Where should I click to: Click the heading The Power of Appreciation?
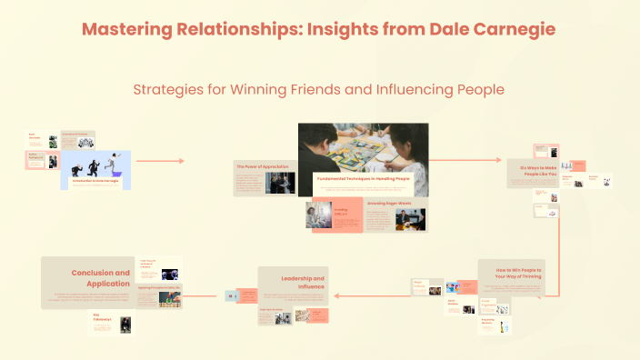(255, 166)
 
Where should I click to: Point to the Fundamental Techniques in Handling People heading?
(363, 178)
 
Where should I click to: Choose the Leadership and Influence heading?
(303, 281)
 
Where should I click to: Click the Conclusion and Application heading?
(102, 277)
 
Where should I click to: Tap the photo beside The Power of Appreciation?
(280, 182)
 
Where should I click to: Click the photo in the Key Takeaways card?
(126, 324)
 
